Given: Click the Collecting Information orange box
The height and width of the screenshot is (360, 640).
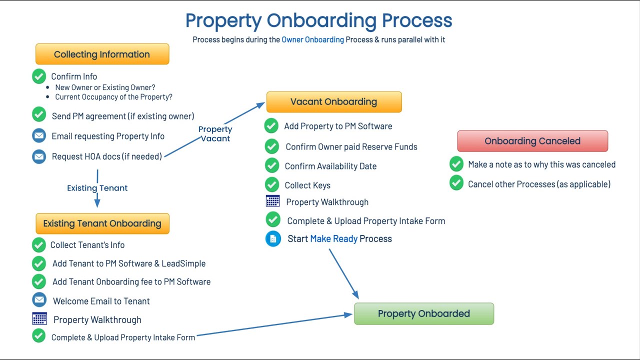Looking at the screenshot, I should click(102, 54).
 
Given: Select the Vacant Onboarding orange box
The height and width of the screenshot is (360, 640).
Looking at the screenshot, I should click(333, 102).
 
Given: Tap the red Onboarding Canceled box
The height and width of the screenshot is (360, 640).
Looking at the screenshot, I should click(532, 141).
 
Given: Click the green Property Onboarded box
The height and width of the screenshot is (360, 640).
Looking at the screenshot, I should click(423, 314).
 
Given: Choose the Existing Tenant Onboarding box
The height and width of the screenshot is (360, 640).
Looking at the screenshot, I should click(102, 223).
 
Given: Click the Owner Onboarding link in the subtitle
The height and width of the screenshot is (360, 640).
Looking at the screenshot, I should click(312, 39).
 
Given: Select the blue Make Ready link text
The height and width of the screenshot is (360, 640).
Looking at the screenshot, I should click(333, 239).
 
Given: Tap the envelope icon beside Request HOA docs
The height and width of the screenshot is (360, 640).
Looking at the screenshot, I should click(39, 156).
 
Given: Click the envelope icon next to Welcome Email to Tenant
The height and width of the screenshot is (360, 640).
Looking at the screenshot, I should click(39, 300).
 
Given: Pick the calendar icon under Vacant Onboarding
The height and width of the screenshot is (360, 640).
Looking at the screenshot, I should click(272, 201).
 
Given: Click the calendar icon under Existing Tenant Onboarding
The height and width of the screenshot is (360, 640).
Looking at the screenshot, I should click(39, 318).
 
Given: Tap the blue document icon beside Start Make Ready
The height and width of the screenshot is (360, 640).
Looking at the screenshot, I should click(273, 239).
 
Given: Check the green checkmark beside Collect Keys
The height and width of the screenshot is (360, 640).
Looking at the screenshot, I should click(272, 184).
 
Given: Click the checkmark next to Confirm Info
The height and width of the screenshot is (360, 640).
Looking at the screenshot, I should click(39, 76).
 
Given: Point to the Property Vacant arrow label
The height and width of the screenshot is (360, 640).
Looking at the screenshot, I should click(215, 133).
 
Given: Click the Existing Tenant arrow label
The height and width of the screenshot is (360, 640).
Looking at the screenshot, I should click(97, 188).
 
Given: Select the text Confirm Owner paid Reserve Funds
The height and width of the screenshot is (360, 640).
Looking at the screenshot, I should click(351, 147).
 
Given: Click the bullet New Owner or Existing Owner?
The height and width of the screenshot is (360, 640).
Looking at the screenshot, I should click(105, 87).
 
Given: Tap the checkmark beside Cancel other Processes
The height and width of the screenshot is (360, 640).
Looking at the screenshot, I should click(456, 183).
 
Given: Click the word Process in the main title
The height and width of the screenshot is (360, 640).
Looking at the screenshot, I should click(417, 21).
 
